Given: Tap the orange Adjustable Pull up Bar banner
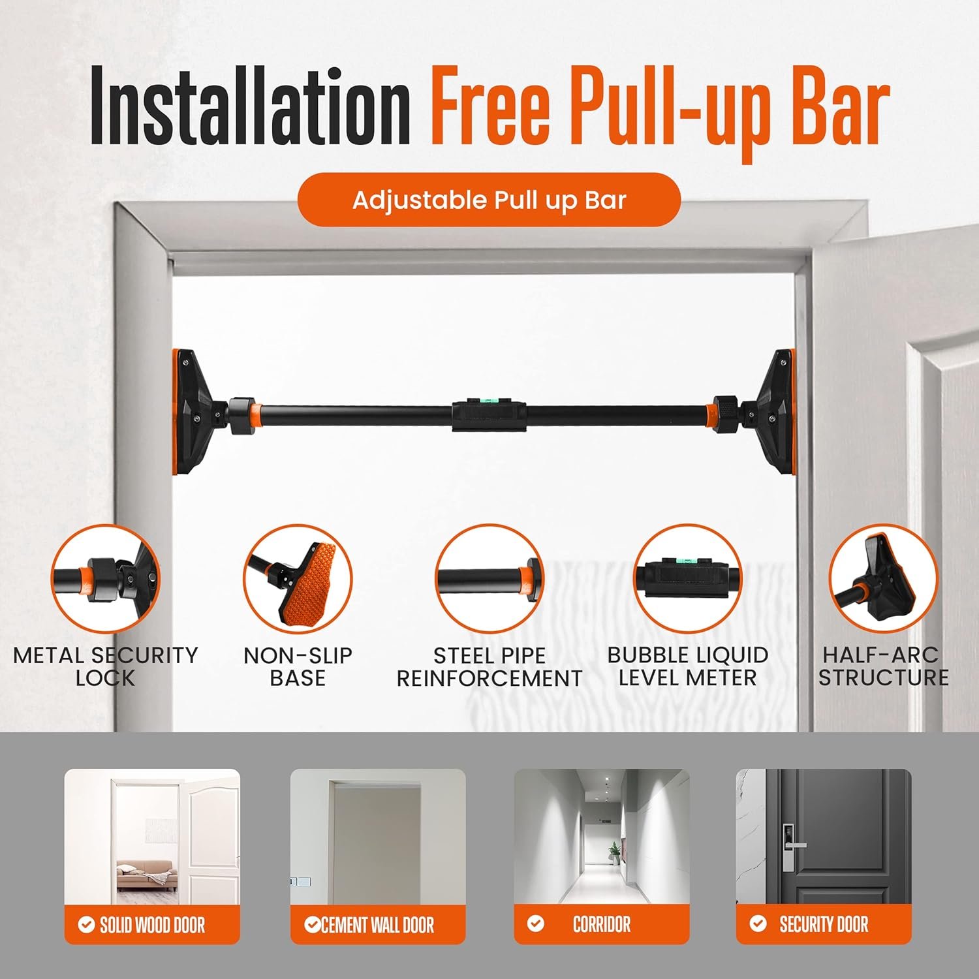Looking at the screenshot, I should [489, 200].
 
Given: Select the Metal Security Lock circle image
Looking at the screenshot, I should [105, 578].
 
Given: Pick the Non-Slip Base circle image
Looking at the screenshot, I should [298, 578].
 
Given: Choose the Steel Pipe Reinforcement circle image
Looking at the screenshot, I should [489, 578].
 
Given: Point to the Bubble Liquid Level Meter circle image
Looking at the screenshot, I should [687, 578].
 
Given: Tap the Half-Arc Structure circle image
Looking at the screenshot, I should [883, 578].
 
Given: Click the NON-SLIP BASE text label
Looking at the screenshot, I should [298, 666].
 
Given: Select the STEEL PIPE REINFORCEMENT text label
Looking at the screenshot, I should [489, 666].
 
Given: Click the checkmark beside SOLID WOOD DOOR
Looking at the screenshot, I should [86, 924].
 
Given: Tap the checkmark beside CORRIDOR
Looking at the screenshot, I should [536, 924].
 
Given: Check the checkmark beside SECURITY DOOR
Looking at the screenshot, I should [758, 924].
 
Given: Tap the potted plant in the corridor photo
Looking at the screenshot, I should [614, 852].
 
